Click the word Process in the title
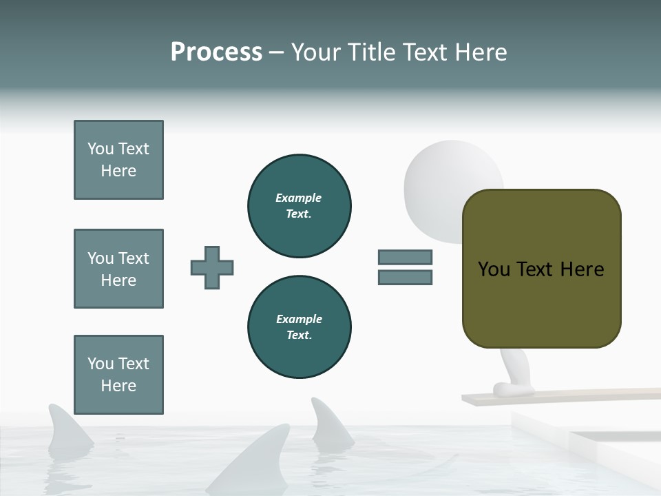point(216,52)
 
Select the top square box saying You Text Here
point(118,160)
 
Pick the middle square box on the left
point(118,269)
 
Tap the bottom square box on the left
point(118,375)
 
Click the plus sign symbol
point(212,267)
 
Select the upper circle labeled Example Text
point(299,206)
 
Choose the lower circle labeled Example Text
point(299,327)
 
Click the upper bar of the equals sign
point(405,257)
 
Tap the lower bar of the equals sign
point(405,278)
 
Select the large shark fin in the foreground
point(258,458)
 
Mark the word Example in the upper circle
point(298,198)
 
